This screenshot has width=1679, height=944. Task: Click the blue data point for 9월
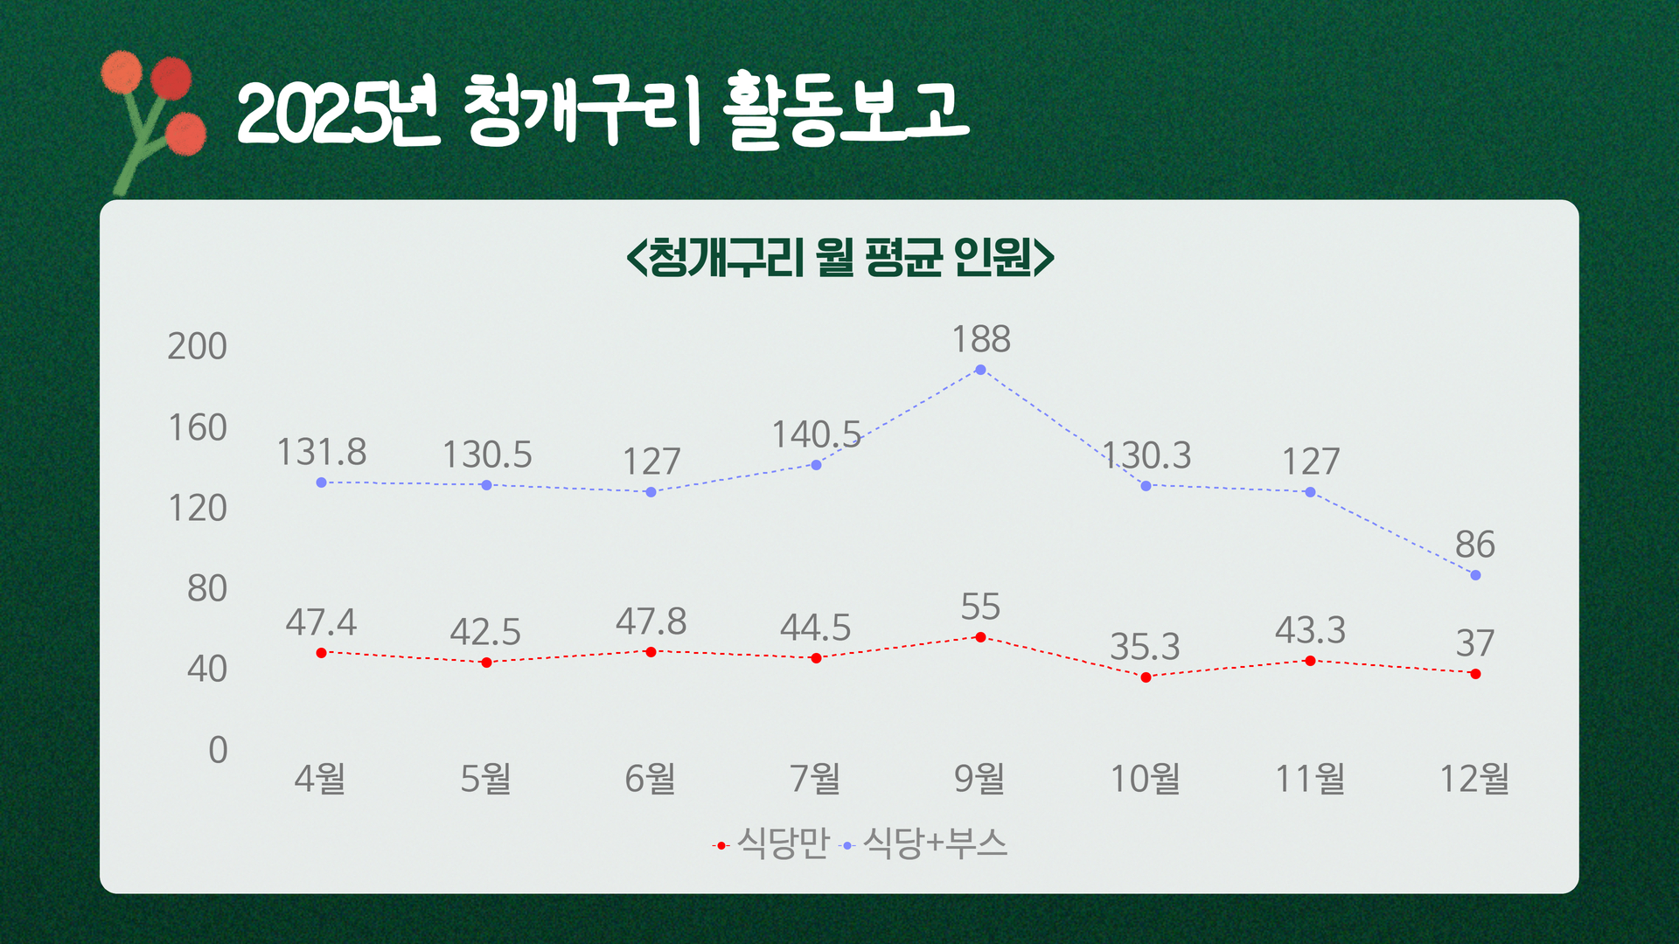[980, 370]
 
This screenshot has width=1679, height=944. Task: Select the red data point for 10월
[1146, 677]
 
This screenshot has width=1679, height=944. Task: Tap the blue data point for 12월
[1475, 575]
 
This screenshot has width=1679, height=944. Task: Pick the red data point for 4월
[321, 653]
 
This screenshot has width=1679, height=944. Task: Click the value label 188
[981, 339]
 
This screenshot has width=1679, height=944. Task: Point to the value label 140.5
[816, 434]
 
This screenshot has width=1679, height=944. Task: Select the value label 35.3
[1145, 647]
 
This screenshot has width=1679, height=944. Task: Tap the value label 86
[1475, 545]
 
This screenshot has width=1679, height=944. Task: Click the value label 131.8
[322, 453]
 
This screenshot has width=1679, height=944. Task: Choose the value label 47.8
[651, 622]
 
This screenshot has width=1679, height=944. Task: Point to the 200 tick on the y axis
[198, 347]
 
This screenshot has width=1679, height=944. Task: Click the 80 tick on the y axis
[207, 589]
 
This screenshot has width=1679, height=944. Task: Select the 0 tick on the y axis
[218, 750]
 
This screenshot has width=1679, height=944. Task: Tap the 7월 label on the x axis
[815, 778]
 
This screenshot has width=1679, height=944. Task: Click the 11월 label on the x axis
[1310, 778]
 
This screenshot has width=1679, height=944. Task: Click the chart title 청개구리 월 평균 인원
[840, 257]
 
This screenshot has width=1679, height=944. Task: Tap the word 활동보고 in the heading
[847, 110]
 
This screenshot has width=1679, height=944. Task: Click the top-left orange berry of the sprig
[122, 72]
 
